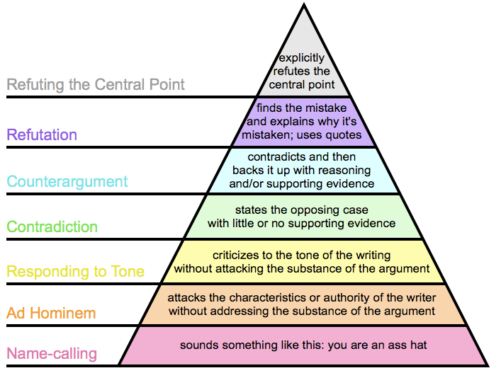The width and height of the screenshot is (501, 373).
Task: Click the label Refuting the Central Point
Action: pos(96,85)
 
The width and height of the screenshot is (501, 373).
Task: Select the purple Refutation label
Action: pos(42,134)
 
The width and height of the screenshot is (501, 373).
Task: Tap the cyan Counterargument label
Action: pos(67,181)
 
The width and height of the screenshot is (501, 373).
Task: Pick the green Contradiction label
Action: pos(52,227)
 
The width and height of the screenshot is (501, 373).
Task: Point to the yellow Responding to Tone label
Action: pos(75,271)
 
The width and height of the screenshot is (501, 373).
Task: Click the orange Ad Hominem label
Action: pos(50,313)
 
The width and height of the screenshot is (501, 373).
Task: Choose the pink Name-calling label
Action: pos(52,353)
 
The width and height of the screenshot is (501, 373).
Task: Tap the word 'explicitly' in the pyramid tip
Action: pos(301,58)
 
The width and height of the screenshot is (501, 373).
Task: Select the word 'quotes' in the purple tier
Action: pos(344,135)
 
